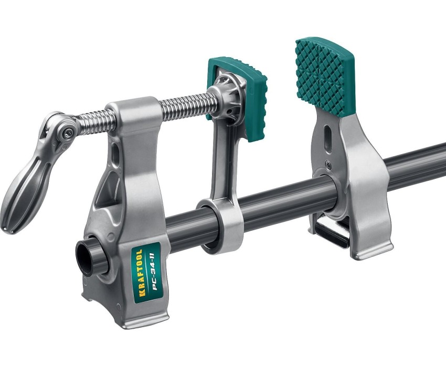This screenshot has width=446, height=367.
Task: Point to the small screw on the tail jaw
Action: pyautogui.click(x=327, y=163)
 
